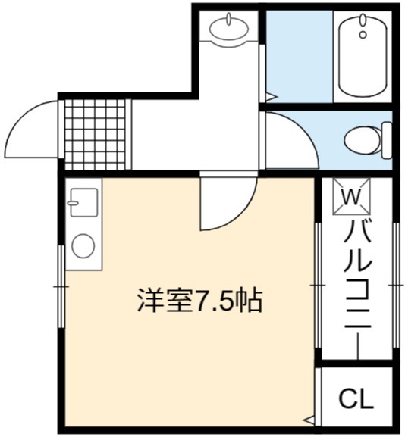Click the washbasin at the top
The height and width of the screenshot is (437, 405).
click(x=229, y=30)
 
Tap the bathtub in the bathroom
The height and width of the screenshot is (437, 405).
click(x=363, y=55)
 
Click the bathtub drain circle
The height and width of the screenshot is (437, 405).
click(x=363, y=35)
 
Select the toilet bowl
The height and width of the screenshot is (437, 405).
click(x=362, y=140)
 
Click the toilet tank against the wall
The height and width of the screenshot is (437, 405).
click(x=387, y=140)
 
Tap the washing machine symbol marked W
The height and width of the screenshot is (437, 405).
click(x=351, y=197)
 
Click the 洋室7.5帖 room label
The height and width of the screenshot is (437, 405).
click(x=199, y=301)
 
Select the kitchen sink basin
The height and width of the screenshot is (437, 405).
click(x=84, y=203)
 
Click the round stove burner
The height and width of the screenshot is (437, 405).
click(x=83, y=246)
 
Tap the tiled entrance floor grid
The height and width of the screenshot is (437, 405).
click(x=95, y=134)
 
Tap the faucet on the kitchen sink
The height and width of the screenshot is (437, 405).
click(x=73, y=203)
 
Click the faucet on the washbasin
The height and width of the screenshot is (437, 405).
click(x=229, y=19)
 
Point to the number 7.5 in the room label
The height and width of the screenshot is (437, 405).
click(x=215, y=301)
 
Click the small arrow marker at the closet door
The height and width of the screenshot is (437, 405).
click(x=309, y=419)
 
